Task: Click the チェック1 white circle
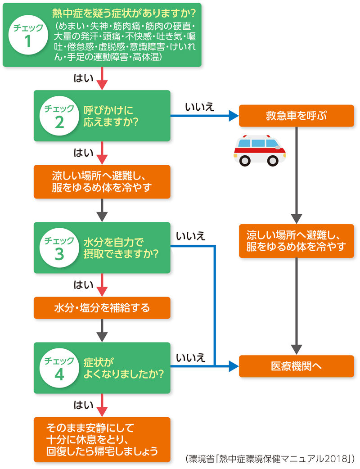(x=28, y=35)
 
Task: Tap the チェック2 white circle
(x=59, y=116)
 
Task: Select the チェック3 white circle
(x=59, y=248)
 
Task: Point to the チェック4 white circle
(x=59, y=368)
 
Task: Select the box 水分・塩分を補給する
(x=102, y=308)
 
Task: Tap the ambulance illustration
(x=259, y=150)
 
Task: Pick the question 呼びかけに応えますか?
(x=111, y=116)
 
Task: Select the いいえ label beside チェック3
(x=191, y=236)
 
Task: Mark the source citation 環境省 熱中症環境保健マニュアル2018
(x=270, y=459)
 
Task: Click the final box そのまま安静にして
(x=102, y=439)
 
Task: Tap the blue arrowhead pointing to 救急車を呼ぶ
(x=234, y=116)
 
